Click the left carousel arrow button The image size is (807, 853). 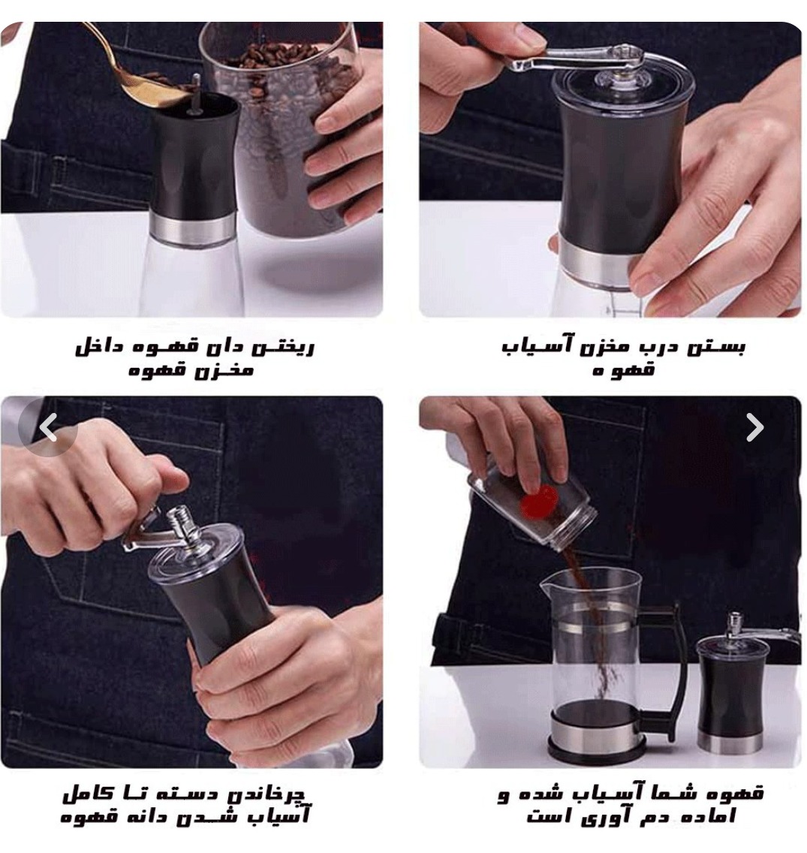48,427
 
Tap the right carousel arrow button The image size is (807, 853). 754,427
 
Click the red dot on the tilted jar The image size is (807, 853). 540,502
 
